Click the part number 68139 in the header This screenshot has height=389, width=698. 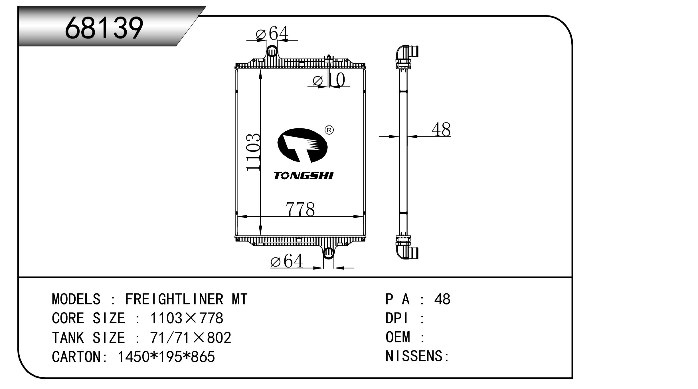pyautogui.click(x=104, y=28)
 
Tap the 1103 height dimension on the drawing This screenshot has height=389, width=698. pyautogui.click(x=254, y=152)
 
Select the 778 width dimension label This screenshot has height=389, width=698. pyautogui.click(x=300, y=209)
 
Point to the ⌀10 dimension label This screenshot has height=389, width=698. pyautogui.click(x=329, y=80)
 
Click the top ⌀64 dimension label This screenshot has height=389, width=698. pyautogui.click(x=272, y=33)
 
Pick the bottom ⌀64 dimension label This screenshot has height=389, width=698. pyautogui.click(x=287, y=261)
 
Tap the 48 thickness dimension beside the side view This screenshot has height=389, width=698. pyautogui.click(x=441, y=130)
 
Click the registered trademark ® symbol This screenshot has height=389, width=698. pyautogui.click(x=329, y=130)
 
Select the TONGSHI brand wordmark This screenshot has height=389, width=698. pyautogui.click(x=304, y=176)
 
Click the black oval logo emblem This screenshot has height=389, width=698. pyautogui.click(x=302, y=145)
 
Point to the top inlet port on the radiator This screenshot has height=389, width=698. pyautogui.click(x=272, y=52)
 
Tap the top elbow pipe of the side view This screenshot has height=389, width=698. pyautogui.click(x=406, y=53)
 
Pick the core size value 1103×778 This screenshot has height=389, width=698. pyautogui.click(x=187, y=318)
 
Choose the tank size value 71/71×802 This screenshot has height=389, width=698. pyautogui.click(x=191, y=338)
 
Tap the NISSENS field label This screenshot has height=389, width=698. pyautogui.click(x=417, y=356)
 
